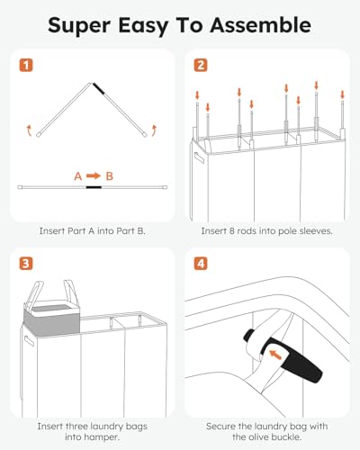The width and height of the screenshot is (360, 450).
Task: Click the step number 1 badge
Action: pyautogui.click(x=25, y=67)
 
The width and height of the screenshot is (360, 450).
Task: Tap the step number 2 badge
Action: pyautogui.click(x=200, y=67)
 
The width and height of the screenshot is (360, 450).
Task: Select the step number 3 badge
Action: pyautogui.click(x=25, y=264)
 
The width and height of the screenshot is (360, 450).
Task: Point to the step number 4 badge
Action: pyautogui.click(x=200, y=264)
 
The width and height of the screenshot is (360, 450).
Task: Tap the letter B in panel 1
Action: pyautogui.click(x=109, y=175)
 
